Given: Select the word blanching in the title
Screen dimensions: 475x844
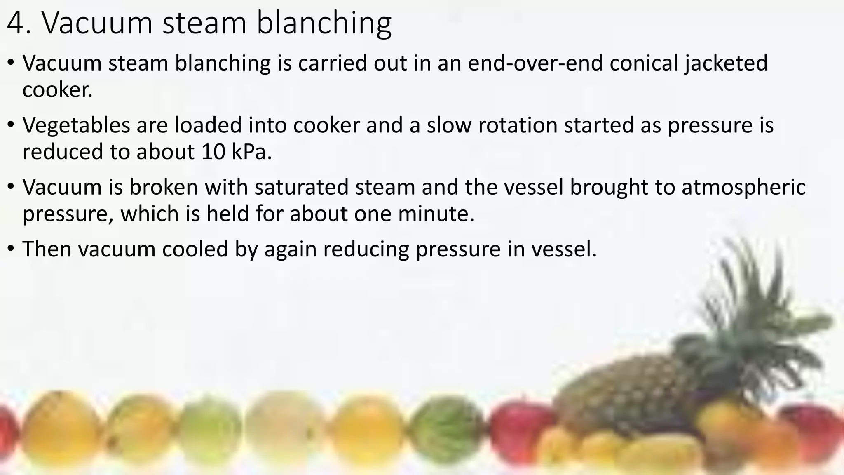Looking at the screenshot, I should click(x=324, y=24).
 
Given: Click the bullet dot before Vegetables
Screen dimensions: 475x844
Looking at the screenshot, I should click(x=11, y=124).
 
